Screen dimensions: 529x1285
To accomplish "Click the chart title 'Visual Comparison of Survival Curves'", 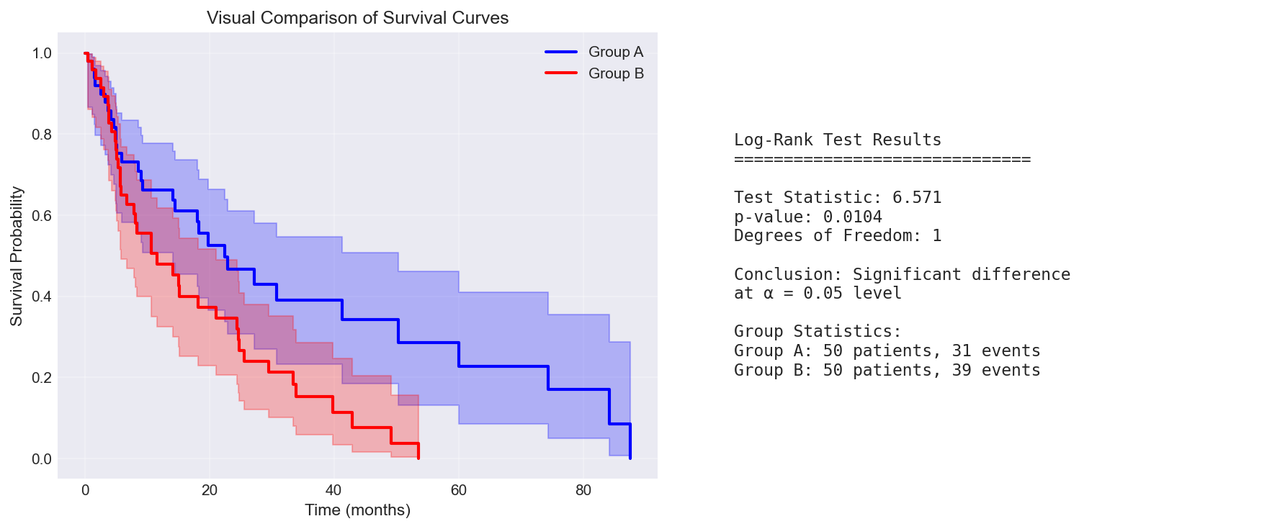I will tap(357, 18).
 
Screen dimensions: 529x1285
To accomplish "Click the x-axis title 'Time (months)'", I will tap(357, 510).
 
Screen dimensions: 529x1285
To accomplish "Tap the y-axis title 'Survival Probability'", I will tap(17, 256).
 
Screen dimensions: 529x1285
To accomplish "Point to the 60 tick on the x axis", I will tap(459, 491).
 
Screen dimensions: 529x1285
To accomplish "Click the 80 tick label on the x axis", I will tap(583, 491).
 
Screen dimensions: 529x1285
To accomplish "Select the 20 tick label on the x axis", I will tap(210, 491).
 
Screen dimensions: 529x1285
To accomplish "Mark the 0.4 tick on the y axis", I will tap(42, 297).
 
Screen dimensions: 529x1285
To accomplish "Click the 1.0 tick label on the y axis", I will tap(42, 53).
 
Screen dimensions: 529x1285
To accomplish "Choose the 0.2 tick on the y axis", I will tap(42, 378).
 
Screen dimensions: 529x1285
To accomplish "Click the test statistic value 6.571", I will tap(916, 198).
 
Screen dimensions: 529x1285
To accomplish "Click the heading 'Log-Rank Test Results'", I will tap(837, 140).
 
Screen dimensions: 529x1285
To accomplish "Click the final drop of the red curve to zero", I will tap(418, 451).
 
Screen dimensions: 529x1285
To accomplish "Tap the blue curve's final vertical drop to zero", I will tap(630, 441).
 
